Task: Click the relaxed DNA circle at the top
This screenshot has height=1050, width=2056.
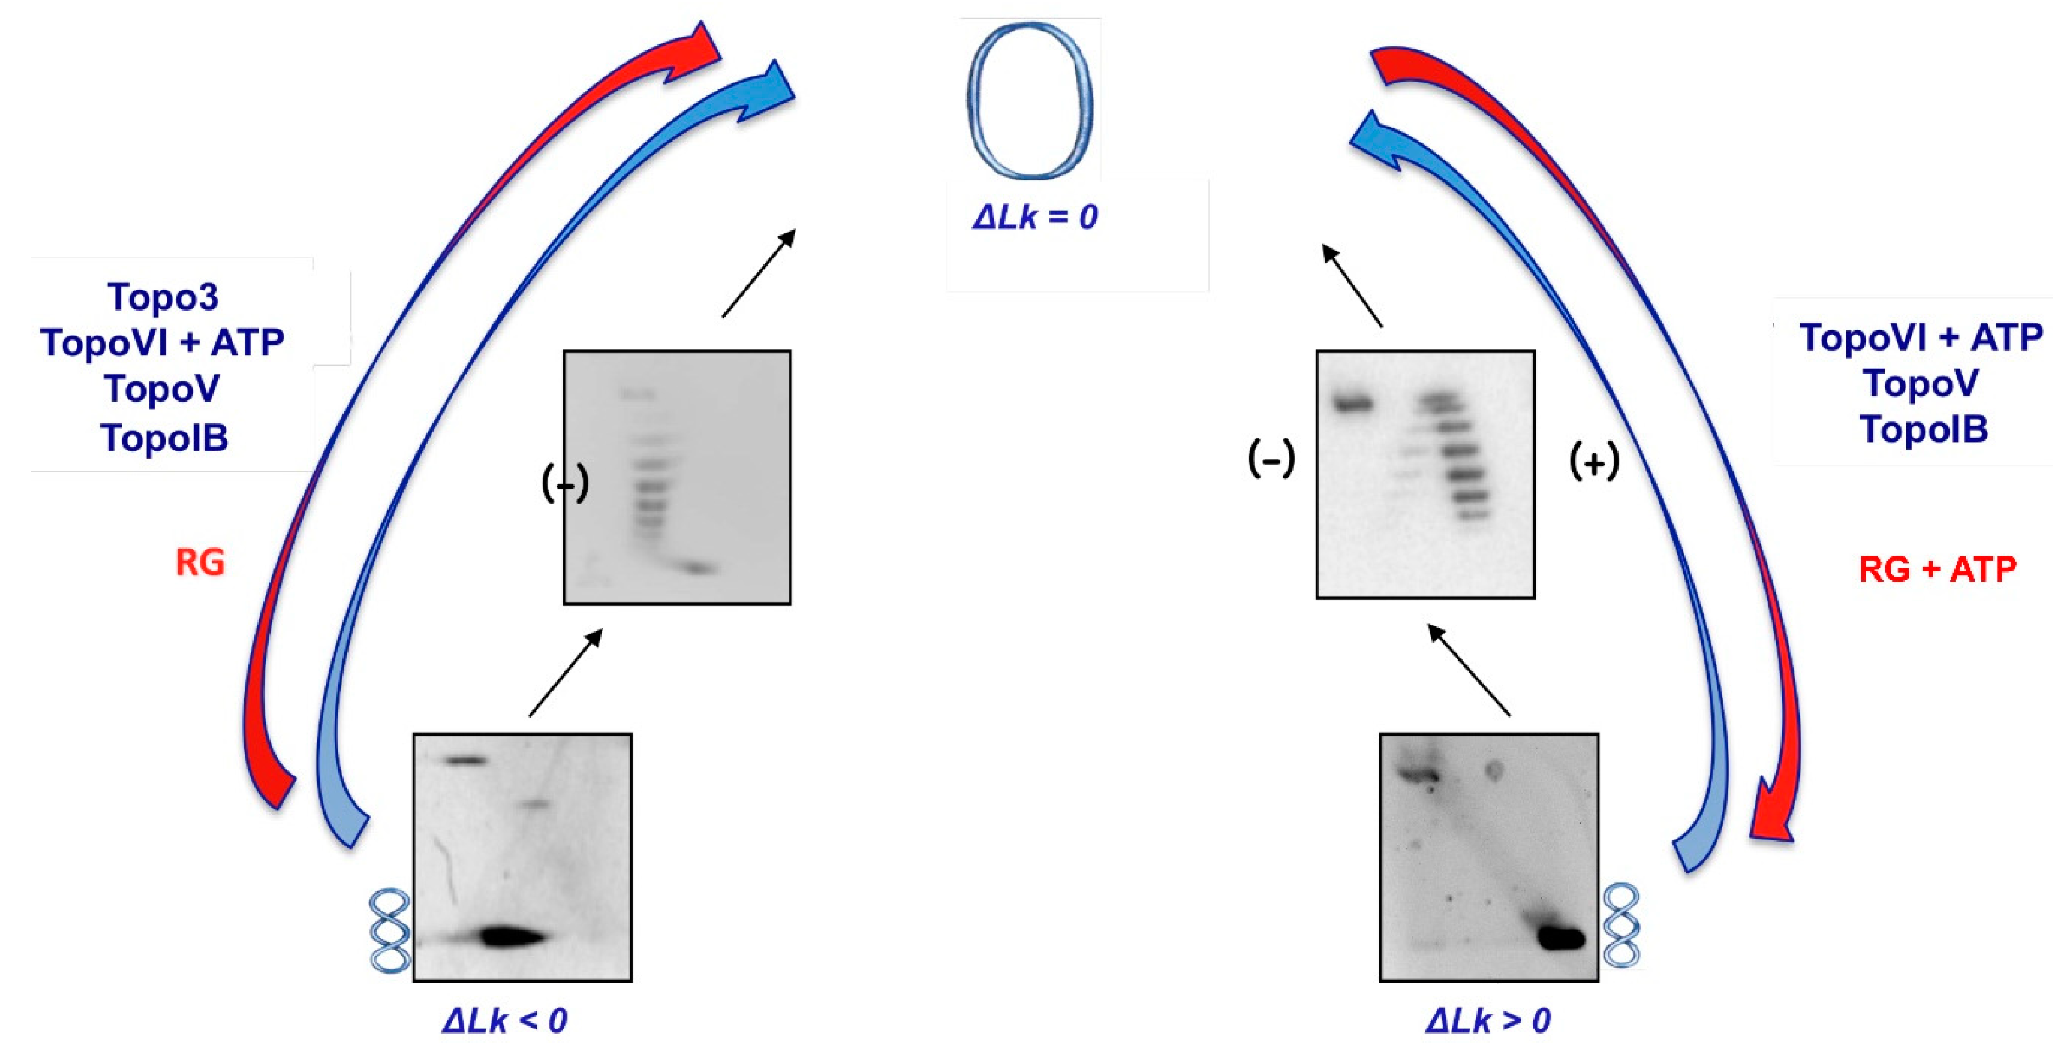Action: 1030,100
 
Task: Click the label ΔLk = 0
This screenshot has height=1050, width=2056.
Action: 1035,217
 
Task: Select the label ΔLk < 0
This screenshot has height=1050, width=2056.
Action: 504,1020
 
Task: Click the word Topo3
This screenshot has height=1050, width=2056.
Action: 163,297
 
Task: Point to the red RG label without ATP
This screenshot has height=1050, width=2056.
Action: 200,562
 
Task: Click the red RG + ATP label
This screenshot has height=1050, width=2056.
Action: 1937,569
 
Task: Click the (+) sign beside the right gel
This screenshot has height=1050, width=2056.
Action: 1594,462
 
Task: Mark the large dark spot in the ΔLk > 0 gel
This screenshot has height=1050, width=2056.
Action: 1560,938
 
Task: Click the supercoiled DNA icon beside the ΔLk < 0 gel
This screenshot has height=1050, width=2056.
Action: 390,930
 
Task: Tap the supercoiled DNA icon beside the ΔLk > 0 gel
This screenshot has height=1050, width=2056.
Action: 1621,925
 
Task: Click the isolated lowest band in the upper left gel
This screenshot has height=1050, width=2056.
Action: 698,568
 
